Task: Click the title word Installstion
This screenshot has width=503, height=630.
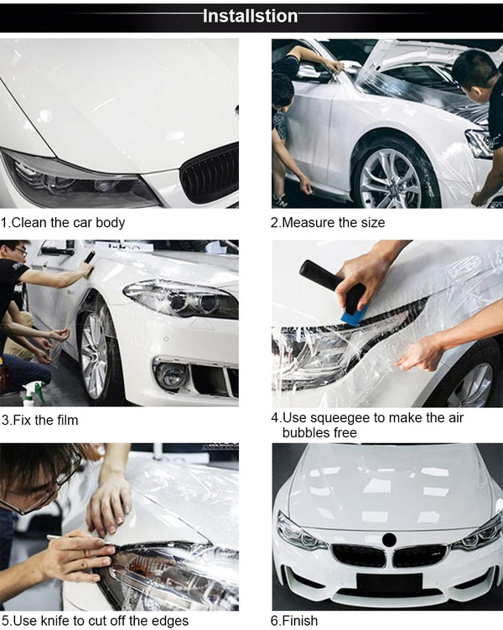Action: coord(251,16)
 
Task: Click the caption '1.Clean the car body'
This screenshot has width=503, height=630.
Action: coord(63,223)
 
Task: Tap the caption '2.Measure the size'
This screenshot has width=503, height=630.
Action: coord(328,223)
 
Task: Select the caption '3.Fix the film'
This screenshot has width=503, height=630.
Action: coord(40,420)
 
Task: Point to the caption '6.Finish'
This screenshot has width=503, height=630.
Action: coord(294,621)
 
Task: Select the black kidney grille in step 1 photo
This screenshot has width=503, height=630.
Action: coord(210,174)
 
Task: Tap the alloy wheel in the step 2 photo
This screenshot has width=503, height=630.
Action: coord(390,178)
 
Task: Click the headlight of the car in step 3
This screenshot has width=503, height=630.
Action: coord(179,298)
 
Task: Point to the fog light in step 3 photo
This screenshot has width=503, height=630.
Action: coord(172,376)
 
